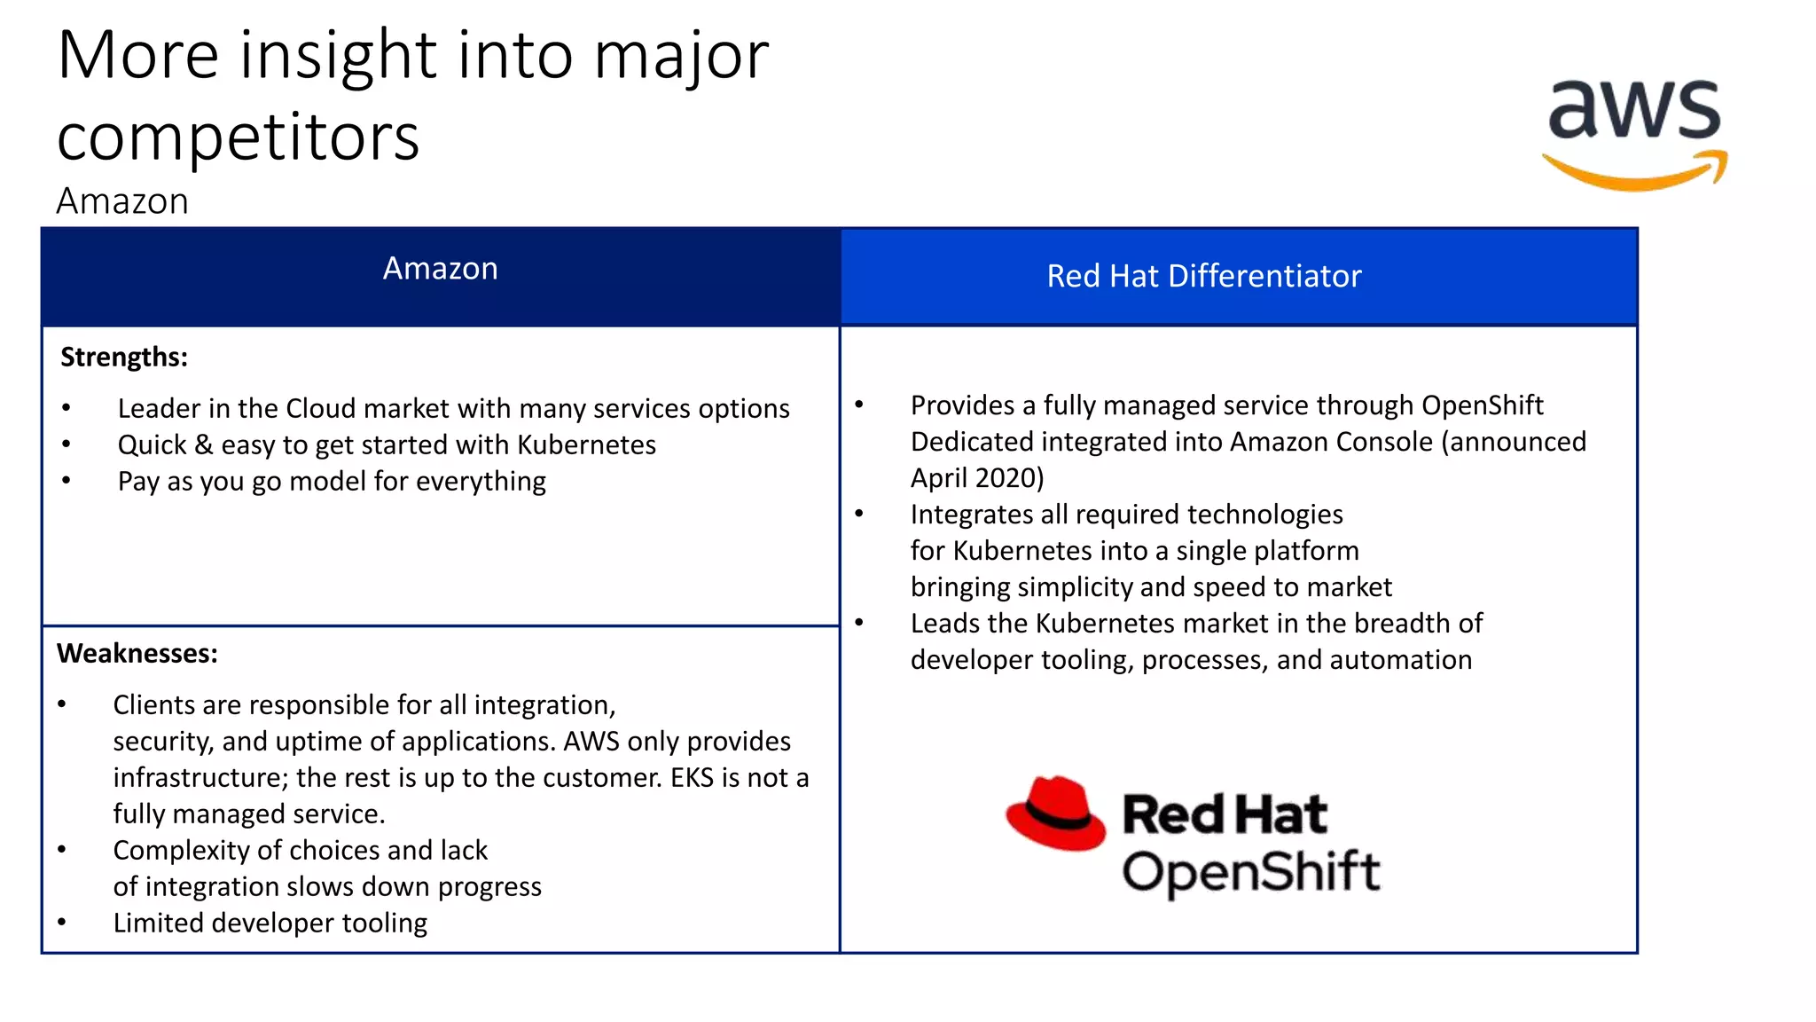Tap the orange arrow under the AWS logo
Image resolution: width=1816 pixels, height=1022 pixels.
pos(1633,174)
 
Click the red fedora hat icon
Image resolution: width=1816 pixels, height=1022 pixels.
pos(1055,813)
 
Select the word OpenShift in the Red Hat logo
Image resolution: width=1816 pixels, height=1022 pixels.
pos(1250,871)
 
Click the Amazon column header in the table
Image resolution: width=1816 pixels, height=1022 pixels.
pos(440,269)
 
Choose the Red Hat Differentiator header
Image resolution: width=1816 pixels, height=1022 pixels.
pos(1203,276)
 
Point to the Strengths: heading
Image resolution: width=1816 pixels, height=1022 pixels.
pos(124,358)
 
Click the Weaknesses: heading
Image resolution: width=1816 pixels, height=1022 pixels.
pos(137,654)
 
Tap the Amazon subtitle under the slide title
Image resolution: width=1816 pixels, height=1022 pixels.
pos(122,201)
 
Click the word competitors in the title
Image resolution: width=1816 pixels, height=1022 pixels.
pos(238,138)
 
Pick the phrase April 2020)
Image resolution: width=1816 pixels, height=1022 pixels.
pos(977,478)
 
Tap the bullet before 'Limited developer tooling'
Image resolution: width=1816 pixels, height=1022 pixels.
pos(62,923)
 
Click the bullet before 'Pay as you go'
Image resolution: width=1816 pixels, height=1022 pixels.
pos(67,481)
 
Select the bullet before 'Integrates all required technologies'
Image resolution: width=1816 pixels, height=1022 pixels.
pos(858,514)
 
